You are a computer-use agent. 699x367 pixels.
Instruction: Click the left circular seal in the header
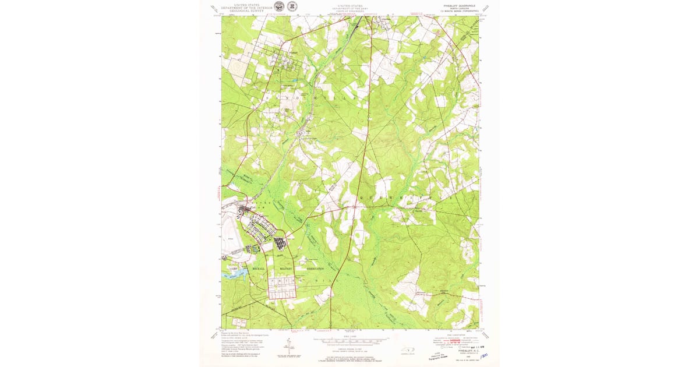(280, 6)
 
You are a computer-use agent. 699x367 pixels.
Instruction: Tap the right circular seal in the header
(292, 6)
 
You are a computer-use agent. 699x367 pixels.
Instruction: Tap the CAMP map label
(231, 269)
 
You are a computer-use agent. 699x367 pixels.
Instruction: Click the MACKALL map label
(258, 269)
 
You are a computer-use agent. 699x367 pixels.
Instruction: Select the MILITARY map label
(285, 269)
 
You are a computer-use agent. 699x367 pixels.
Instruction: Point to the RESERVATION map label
(312, 269)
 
